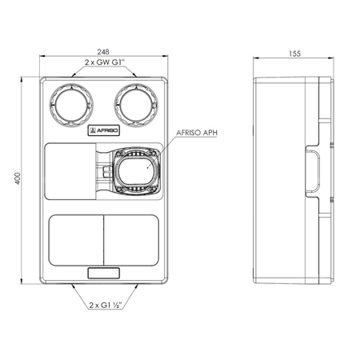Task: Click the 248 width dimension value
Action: (x=103, y=51)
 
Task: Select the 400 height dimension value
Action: (x=18, y=178)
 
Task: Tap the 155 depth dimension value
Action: (x=294, y=54)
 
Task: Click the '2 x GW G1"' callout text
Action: (x=105, y=62)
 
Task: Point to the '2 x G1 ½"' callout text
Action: (x=106, y=305)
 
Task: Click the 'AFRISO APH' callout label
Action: (x=197, y=133)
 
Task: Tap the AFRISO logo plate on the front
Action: (x=104, y=130)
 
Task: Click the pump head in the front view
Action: (x=136, y=171)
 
